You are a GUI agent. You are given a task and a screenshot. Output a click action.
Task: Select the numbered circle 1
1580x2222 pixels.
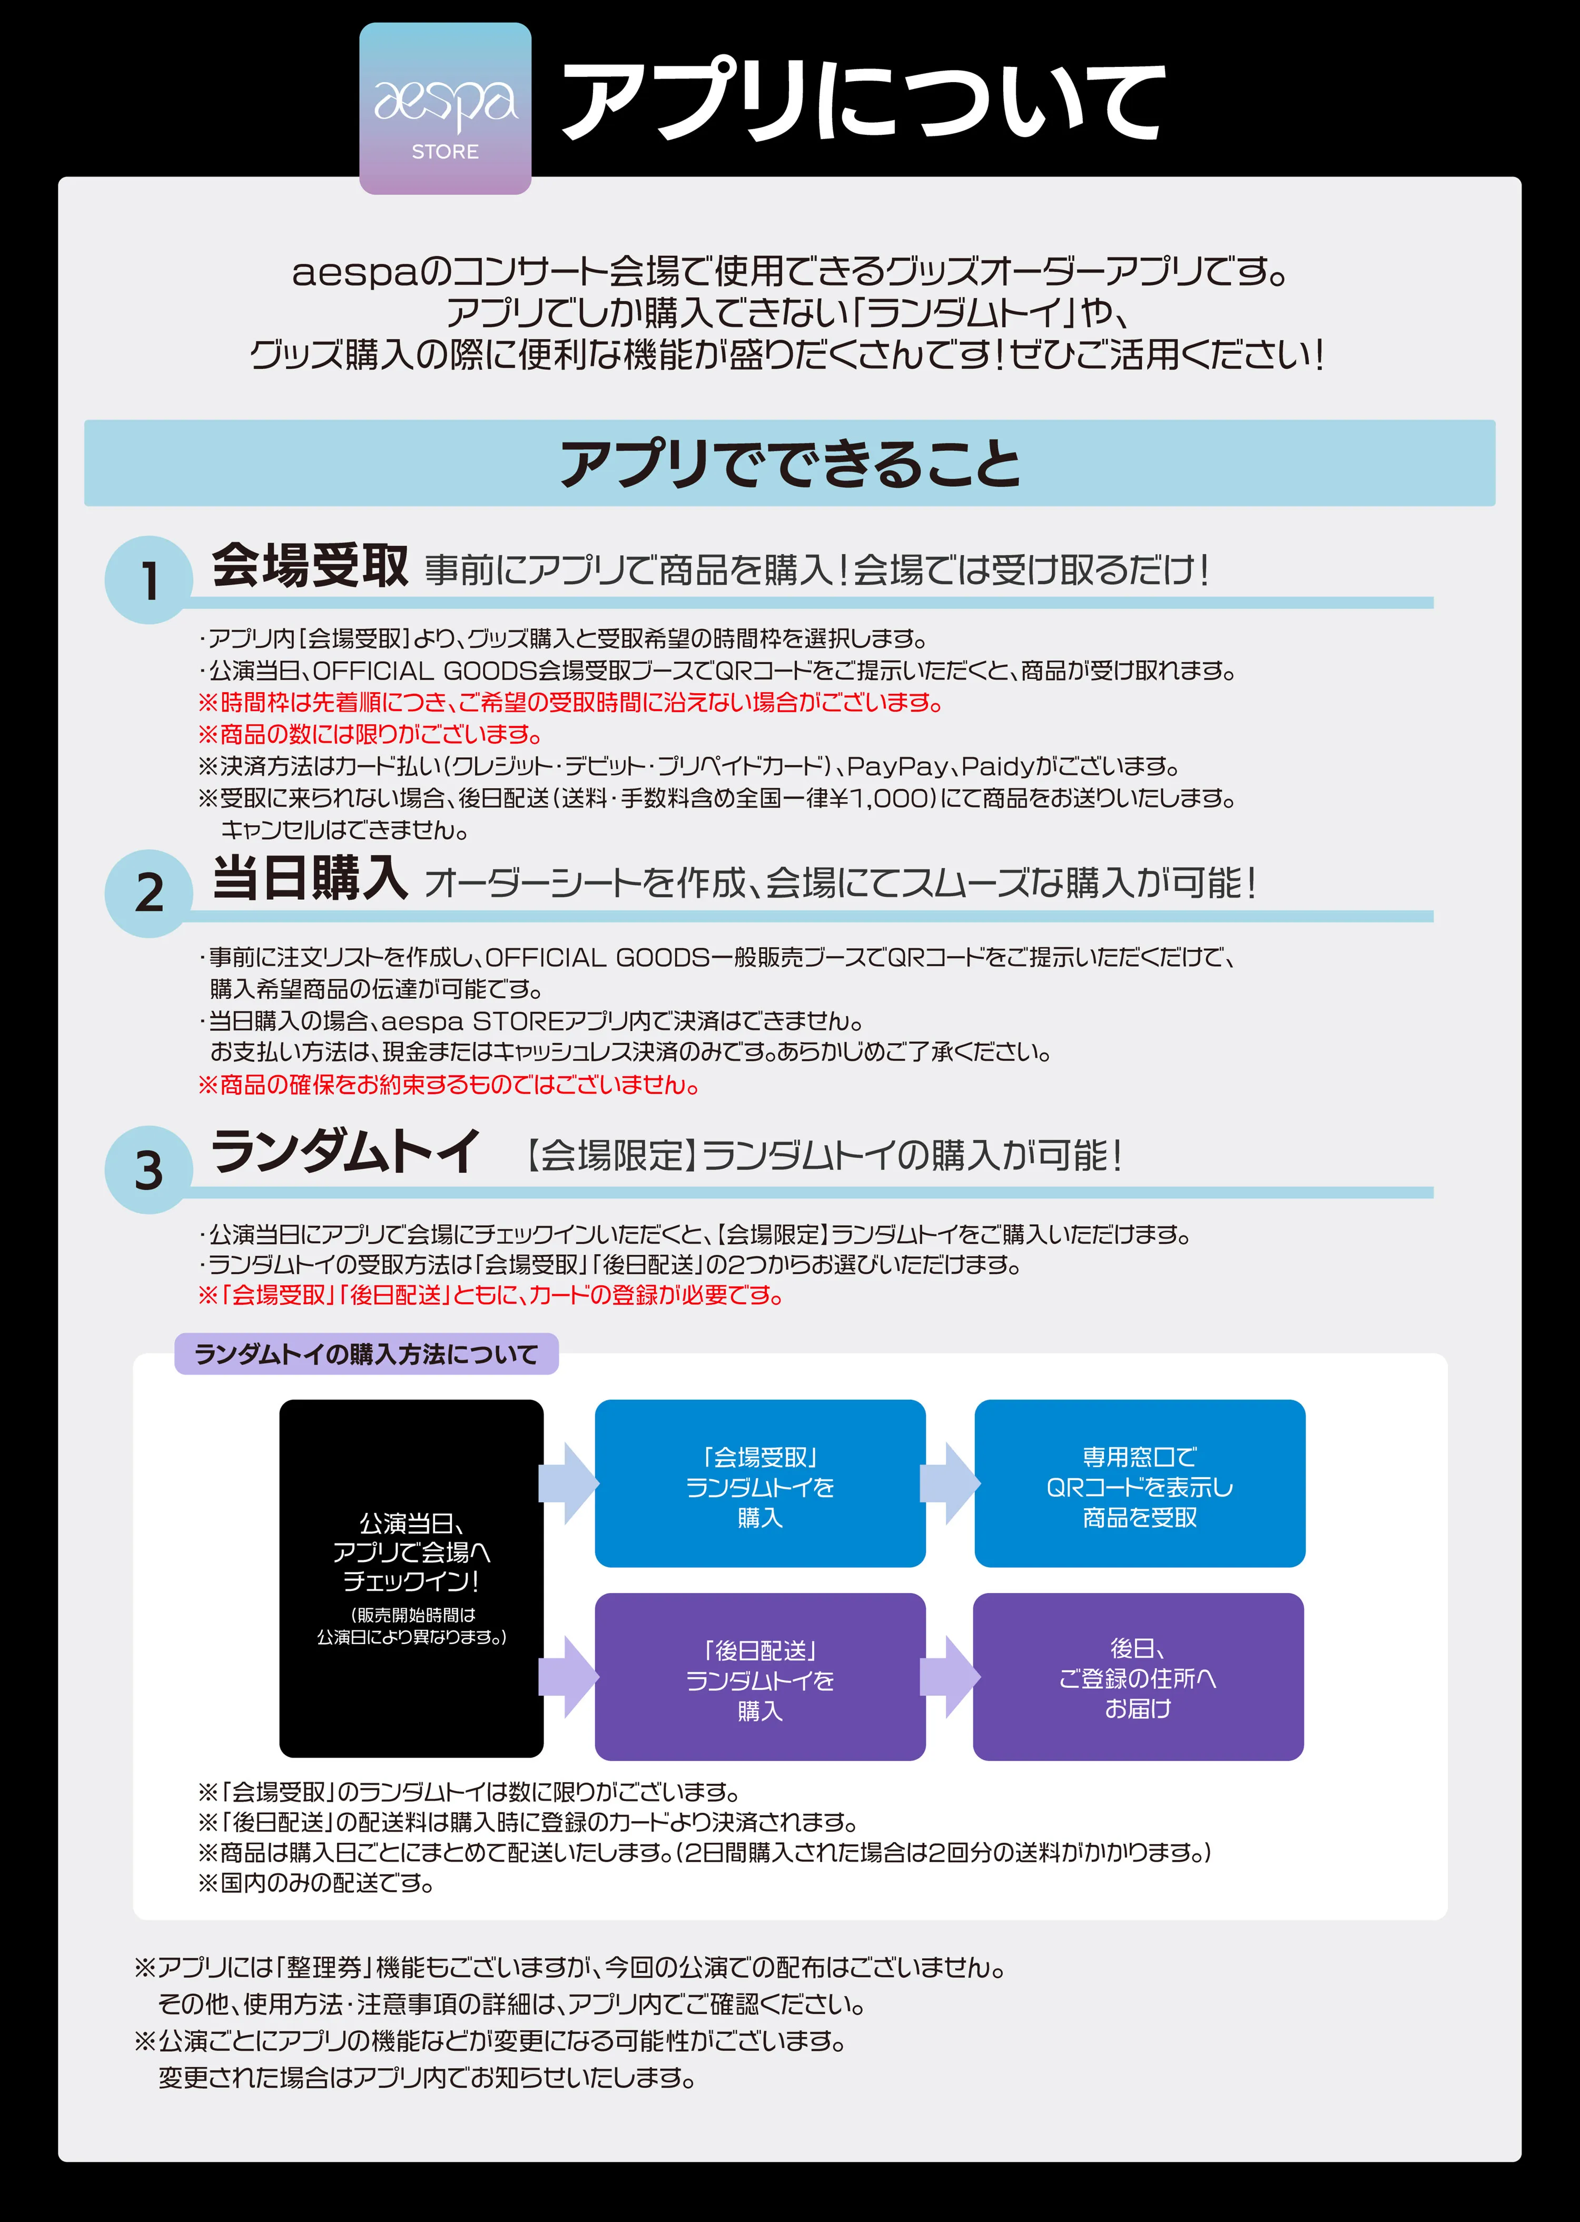pyautogui.click(x=149, y=581)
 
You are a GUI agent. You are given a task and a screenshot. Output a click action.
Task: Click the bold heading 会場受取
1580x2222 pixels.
pyautogui.click(x=309, y=566)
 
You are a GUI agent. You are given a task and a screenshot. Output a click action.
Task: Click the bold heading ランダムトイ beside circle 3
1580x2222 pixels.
pyautogui.click(x=345, y=1153)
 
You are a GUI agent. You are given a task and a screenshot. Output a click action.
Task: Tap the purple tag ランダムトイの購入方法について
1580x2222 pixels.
pyautogui.click(x=366, y=1354)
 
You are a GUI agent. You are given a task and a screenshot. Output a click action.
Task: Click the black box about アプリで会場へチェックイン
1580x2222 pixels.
pyautogui.click(x=411, y=1578)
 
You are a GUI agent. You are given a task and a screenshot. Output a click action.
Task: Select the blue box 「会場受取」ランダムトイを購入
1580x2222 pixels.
pyautogui.click(x=760, y=1484)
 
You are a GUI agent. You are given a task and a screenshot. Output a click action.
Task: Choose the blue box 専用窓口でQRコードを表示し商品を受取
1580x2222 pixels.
pyautogui.click(x=1139, y=1484)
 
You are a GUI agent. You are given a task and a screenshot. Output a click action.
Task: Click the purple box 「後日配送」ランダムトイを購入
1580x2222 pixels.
pyautogui.click(x=760, y=1678)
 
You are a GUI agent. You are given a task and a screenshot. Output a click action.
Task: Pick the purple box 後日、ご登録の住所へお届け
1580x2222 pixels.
pyautogui.click(x=1138, y=1678)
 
